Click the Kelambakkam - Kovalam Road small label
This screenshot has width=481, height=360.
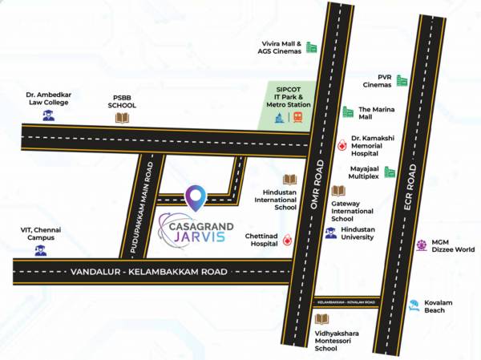pos(346,302)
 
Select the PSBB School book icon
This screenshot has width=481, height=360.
pos(122,118)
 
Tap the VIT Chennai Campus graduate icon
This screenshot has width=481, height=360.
pos(40,250)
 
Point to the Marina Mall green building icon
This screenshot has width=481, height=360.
pos(348,111)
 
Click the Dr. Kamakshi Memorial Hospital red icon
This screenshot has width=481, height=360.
pos(342,146)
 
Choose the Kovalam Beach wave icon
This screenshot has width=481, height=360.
pos(414,305)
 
